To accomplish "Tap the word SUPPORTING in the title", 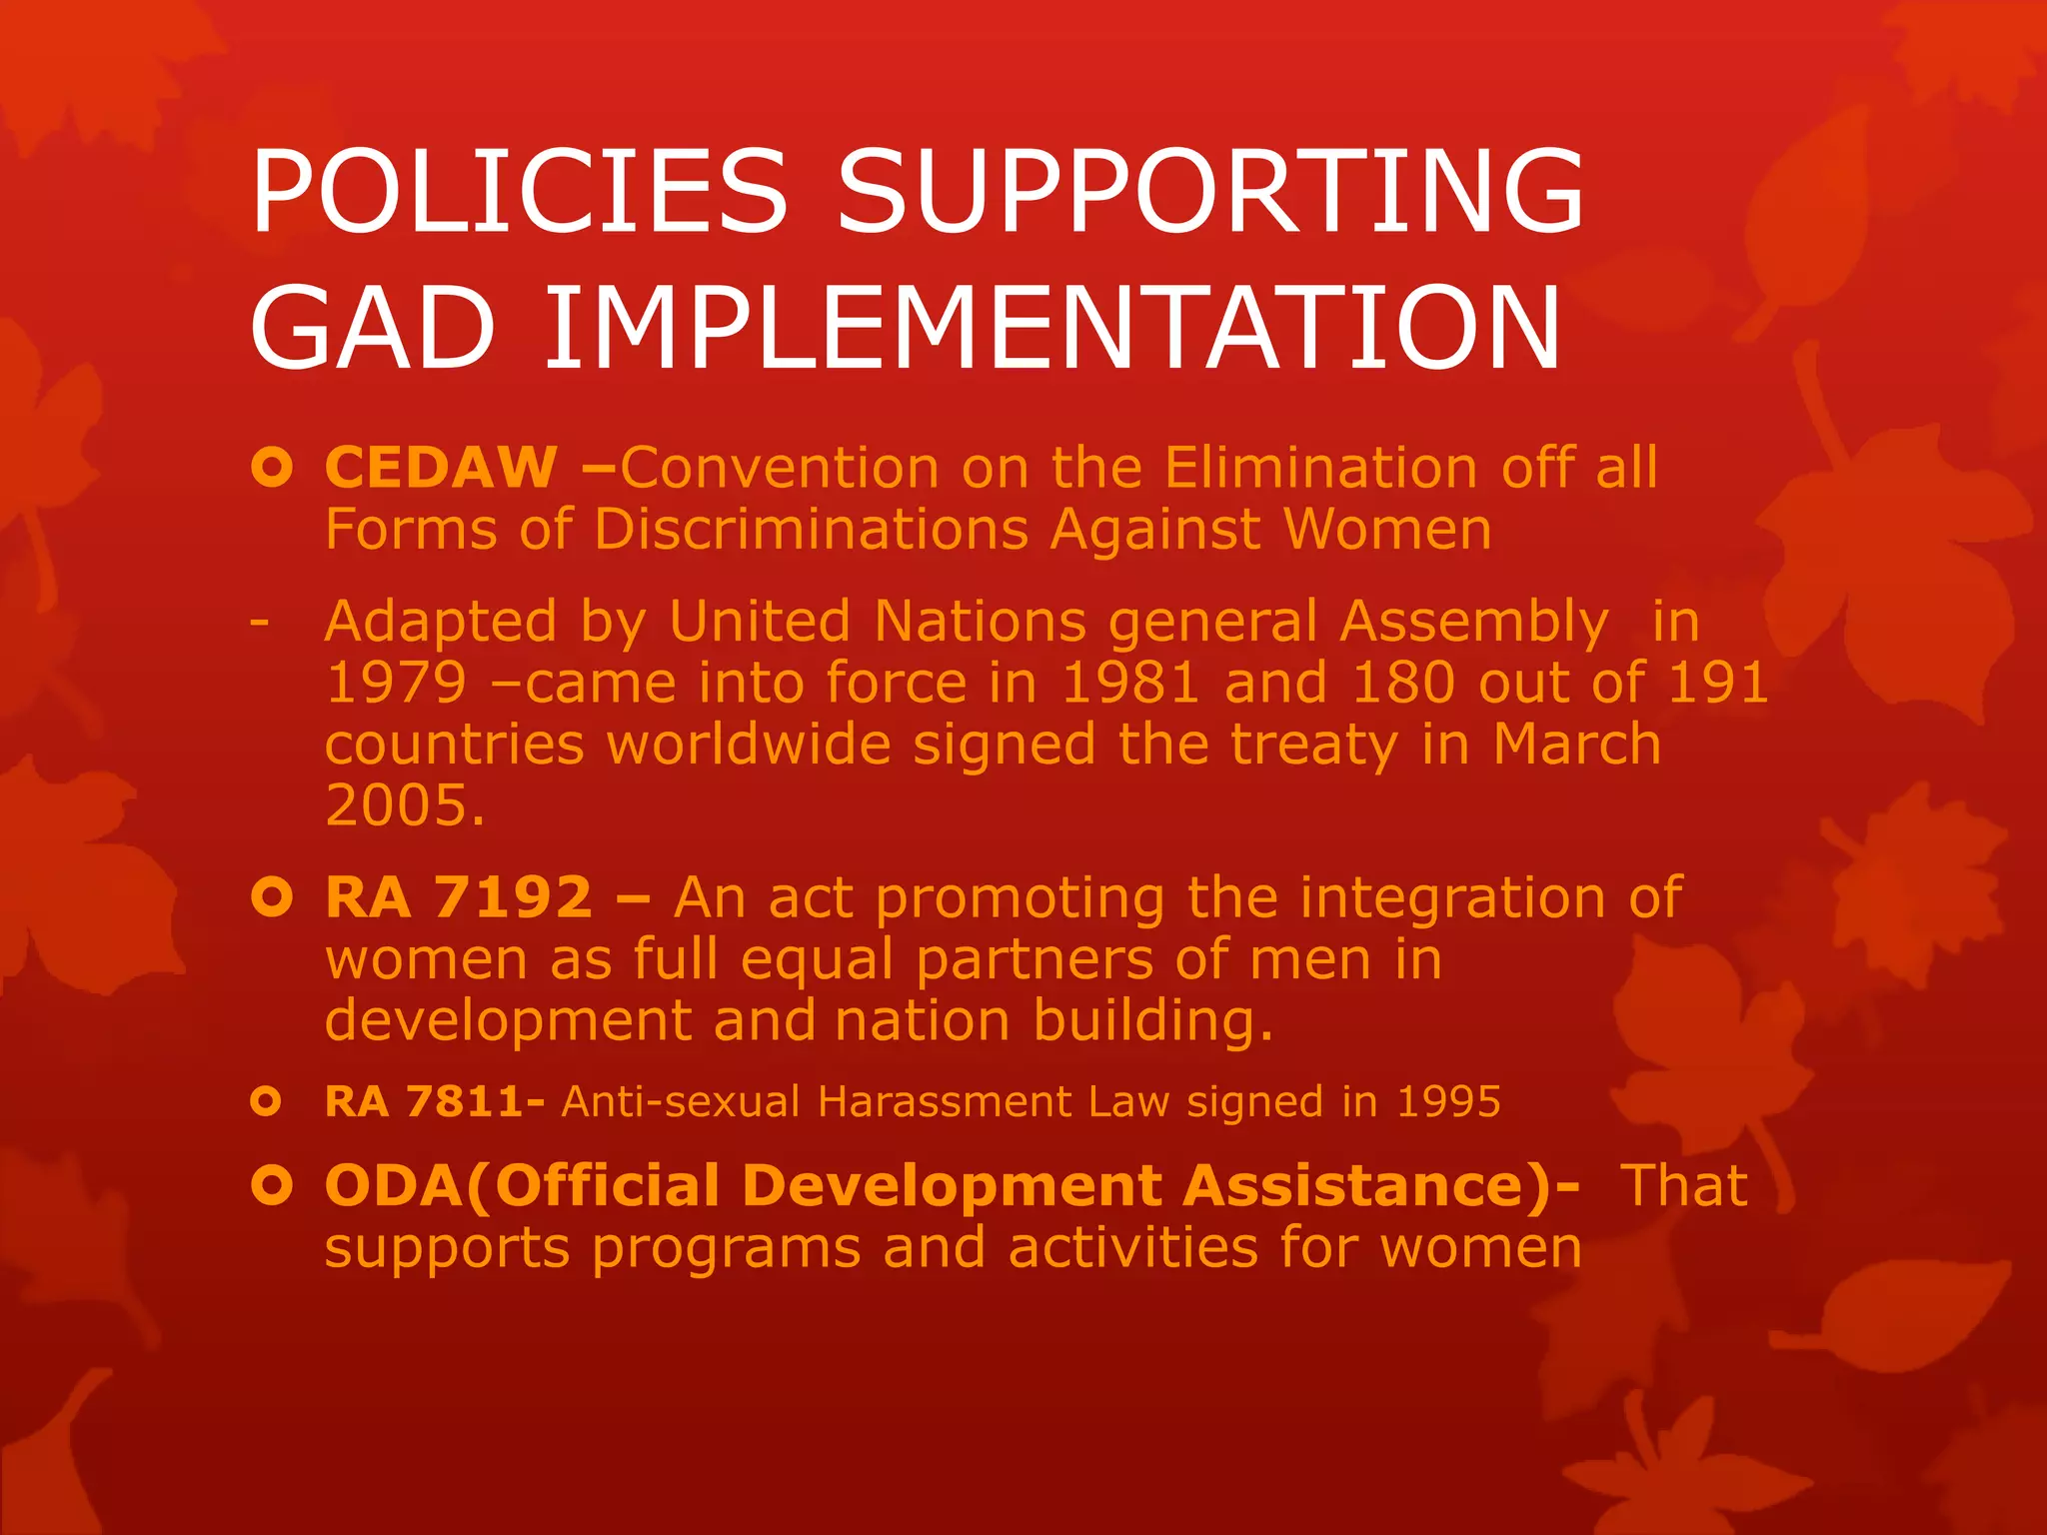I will [x=1209, y=190].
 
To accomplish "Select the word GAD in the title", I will [x=372, y=327].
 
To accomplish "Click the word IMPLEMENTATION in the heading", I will [x=1051, y=327].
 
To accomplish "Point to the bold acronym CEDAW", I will [x=441, y=467].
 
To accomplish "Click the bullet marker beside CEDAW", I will [x=271, y=467].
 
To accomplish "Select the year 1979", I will [x=396, y=683].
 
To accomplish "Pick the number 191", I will [x=1718, y=683].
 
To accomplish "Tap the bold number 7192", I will [x=513, y=897].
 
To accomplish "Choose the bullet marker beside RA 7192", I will [x=271, y=897].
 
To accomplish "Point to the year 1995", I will [x=1448, y=1101].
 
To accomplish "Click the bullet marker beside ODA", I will [x=271, y=1186].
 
